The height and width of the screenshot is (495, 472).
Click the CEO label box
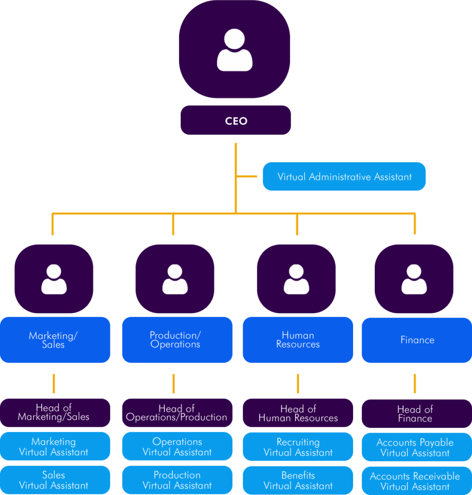(x=236, y=120)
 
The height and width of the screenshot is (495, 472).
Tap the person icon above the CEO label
(x=235, y=50)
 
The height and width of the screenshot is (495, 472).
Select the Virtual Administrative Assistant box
(x=344, y=176)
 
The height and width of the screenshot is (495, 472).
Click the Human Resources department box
(x=298, y=340)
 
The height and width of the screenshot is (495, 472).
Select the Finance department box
(x=417, y=340)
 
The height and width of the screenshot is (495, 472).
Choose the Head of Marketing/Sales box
(x=54, y=412)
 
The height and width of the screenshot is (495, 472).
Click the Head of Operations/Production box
(x=177, y=413)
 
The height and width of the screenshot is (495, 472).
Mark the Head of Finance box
(x=415, y=414)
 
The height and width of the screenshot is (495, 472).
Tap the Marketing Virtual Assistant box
(x=54, y=447)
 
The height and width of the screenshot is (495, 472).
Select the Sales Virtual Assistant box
(x=54, y=480)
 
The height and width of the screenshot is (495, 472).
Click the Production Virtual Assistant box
(x=177, y=480)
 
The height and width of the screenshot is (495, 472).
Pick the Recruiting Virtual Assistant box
(x=298, y=447)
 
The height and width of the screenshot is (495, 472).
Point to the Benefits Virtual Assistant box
(x=298, y=480)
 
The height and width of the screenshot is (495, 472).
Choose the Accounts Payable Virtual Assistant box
(x=415, y=448)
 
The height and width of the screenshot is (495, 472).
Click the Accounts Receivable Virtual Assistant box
(x=415, y=481)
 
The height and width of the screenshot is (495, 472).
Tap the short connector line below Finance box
(x=414, y=383)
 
